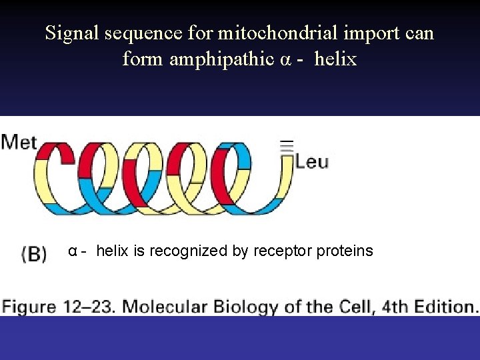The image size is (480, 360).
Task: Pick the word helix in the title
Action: click(335, 59)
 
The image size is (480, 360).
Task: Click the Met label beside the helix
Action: click(19, 143)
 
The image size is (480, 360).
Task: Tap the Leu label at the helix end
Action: click(311, 162)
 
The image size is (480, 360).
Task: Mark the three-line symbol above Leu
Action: click(286, 147)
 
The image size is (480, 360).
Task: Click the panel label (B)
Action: click(34, 255)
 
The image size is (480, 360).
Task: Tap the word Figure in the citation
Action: click(29, 307)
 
